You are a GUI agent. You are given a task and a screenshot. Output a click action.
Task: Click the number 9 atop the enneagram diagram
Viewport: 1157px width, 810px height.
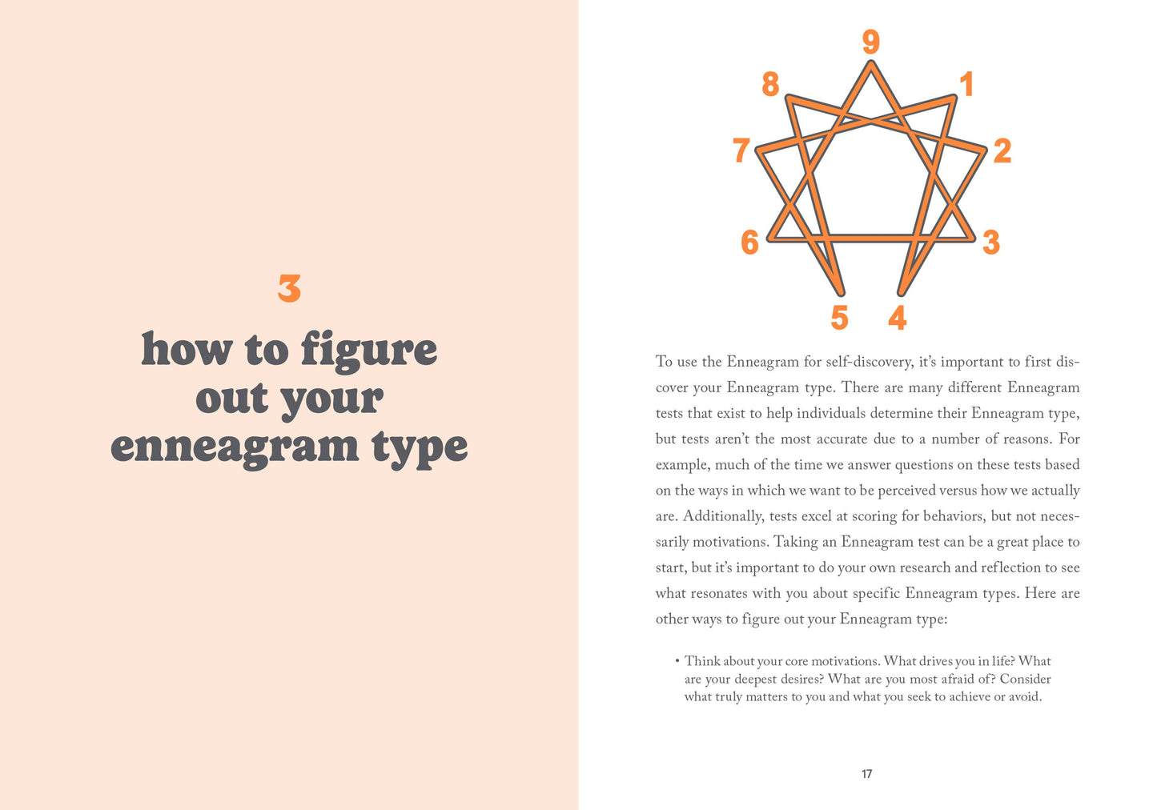(870, 42)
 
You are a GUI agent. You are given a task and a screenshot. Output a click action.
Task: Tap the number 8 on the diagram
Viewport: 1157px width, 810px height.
(770, 83)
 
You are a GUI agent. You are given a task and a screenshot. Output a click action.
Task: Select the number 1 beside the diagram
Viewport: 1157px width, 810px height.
(966, 84)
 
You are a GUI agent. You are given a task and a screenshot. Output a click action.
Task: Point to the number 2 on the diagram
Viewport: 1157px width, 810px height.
(1002, 150)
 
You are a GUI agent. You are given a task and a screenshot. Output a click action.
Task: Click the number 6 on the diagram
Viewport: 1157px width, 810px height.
(749, 242)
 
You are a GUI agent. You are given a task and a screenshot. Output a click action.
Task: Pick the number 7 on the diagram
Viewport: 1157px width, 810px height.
(741, 150)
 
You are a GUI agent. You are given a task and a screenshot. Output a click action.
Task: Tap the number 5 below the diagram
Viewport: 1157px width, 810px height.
(839, 318)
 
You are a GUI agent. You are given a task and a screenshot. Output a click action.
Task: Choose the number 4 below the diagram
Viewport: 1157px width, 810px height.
(897, 318)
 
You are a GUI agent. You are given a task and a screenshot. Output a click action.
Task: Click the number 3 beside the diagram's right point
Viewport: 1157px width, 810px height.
(991, 242)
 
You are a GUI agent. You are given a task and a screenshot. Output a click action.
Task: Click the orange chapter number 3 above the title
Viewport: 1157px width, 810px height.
(289, 289)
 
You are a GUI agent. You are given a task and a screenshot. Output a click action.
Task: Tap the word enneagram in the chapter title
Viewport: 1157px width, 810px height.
(234, 447)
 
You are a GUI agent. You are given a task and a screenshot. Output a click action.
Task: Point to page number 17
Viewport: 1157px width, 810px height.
(866, 774)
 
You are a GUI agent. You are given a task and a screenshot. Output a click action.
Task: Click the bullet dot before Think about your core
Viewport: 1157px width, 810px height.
(677, 661)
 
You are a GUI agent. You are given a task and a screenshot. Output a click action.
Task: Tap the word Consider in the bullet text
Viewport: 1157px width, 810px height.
(1025, 679)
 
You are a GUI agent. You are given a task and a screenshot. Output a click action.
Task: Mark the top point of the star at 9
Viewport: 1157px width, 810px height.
(870, 63)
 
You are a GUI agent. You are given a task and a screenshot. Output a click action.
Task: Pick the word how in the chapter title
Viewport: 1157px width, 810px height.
(187, 350)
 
